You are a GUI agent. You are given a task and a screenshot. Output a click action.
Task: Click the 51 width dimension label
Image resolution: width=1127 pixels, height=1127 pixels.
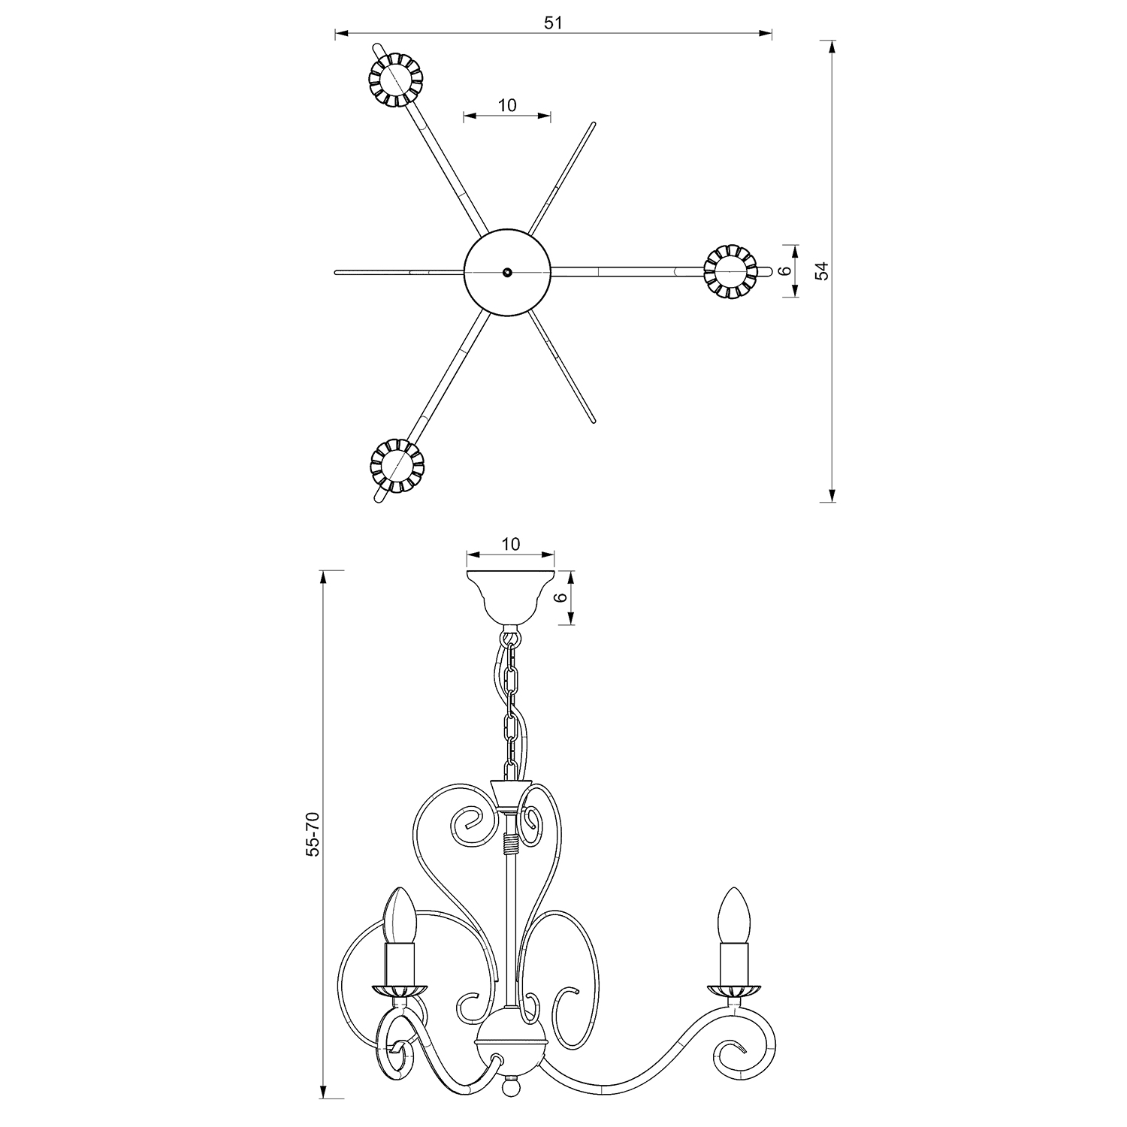[x=553, y=23]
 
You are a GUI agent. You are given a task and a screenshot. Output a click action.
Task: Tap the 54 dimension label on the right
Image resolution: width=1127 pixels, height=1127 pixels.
[x=823, y=270]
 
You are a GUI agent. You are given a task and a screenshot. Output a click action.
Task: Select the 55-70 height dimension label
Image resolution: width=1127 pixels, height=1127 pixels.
[x=313, y=834]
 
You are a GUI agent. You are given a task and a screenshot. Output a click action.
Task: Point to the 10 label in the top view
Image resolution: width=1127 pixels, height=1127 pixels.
[x=508, y=105]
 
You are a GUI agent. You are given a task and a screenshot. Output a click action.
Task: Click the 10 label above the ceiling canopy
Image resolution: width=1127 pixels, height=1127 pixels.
[x=511, y=544]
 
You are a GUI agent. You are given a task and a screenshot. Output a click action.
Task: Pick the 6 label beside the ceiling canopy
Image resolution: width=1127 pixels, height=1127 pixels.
[x=558, y=598]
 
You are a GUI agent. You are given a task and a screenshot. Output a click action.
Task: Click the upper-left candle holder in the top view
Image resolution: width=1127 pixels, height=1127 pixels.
[x=395, y=79]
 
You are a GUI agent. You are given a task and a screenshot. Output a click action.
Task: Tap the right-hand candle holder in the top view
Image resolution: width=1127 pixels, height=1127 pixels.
[x=730, y=270]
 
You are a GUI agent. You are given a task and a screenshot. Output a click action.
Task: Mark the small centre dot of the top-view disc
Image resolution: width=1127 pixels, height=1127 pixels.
[x=508, y=272]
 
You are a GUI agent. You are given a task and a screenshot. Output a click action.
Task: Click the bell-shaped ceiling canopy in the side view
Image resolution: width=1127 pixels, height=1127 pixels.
[x=510, y=597]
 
